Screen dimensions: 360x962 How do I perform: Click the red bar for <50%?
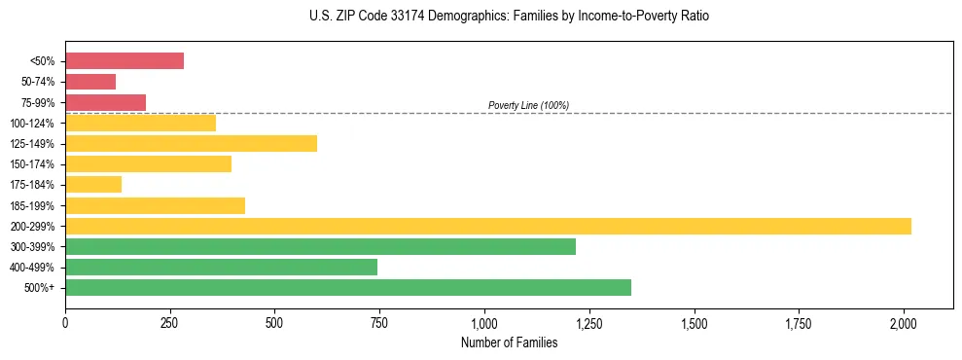(x=125, y=61)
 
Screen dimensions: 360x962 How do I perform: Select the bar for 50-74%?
(x=90, y=82)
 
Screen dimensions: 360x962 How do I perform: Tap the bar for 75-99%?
(x=105, y=102)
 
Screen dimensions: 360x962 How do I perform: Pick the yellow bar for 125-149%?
(x=191, y=144)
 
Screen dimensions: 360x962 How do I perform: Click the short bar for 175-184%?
(x=93, y=185)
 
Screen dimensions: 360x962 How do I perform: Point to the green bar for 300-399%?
(x=320, y=247)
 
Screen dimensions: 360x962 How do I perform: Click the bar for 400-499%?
(x=221, y=268)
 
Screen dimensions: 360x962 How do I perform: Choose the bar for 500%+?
(x=348, y=288)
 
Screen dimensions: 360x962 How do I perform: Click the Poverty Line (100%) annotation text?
(x=528, y=105)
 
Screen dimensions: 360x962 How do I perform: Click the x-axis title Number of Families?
(x=510, y=342)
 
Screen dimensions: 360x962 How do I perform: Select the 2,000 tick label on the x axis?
(x=904, y=322)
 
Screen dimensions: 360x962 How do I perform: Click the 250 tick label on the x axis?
(x=170, y=322)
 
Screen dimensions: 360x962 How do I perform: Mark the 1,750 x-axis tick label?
(x=799, y=322)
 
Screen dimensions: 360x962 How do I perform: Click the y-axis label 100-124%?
(x=32, y=124)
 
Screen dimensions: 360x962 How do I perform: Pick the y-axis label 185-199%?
(x=32, y=206)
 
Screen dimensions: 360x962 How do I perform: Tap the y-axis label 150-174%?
(x=32, y=164)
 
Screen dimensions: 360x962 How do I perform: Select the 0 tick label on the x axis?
(x=65, y=322)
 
